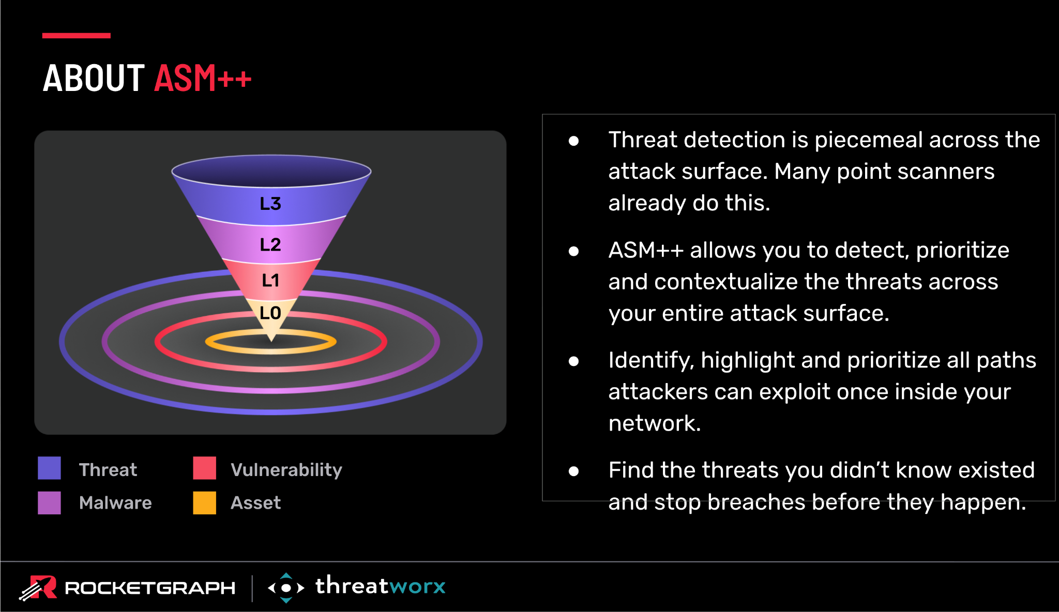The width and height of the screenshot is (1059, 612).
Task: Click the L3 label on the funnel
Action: [x=270, y=204]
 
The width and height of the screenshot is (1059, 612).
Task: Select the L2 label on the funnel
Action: [x=270, y=244]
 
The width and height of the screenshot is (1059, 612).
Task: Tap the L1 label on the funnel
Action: [x=270, y=280]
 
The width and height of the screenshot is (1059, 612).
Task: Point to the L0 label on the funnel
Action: [x=270, y=313]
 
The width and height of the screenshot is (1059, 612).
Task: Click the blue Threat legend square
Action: [x=49, y=468]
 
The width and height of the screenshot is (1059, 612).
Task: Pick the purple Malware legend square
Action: [x=49, y=502]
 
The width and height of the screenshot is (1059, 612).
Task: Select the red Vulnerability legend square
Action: [x=204, y=468]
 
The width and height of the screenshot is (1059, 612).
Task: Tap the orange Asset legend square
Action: [x=204, y=502]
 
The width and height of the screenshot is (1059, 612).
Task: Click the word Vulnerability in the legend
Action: [x=286, y=470]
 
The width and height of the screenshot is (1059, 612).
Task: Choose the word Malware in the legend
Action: [x=115, y=502]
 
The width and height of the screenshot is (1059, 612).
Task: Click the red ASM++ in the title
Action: [x=203, y=78]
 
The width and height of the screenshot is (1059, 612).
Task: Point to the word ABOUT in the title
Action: [x=94, y=78]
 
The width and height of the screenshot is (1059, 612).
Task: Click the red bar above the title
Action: [x=77, y=36]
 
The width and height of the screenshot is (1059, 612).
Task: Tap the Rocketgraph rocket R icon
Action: [x=38, y=588]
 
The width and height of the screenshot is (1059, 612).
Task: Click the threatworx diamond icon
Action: [x=286, y=588]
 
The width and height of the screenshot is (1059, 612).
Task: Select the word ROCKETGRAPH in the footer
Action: [x=150, y=588]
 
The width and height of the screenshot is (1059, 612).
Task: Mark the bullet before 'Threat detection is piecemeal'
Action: [x=573, y=141]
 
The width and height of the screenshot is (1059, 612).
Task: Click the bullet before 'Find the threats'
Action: [x=573, y=471]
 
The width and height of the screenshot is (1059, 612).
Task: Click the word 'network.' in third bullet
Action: [x=655, y=423]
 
